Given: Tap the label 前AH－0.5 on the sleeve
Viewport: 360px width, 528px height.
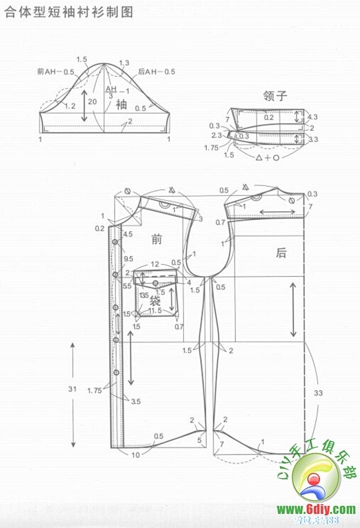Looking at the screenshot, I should [x=55, y=71].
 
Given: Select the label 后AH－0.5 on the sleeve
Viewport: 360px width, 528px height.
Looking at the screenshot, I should [x=156, y=71].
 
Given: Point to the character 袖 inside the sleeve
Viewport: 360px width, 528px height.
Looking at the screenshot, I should [x=121, y=104].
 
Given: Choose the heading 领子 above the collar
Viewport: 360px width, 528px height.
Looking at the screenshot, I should [x=277, y=95].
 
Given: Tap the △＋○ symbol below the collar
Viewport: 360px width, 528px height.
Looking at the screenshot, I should [x=267, y=158].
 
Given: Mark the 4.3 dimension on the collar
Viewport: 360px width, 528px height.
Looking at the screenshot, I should [x=313, y=117].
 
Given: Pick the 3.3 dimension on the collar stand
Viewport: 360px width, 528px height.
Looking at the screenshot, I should [x=313, y=139].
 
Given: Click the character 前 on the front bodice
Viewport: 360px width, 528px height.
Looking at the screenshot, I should [x=157, y=239].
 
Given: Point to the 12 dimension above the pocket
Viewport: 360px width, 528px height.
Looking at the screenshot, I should [x=155, y=264].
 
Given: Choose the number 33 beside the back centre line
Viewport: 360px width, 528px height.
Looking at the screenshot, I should [x=318, y=393].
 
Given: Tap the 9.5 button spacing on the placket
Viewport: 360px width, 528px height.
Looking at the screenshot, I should [x=128, y=259].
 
